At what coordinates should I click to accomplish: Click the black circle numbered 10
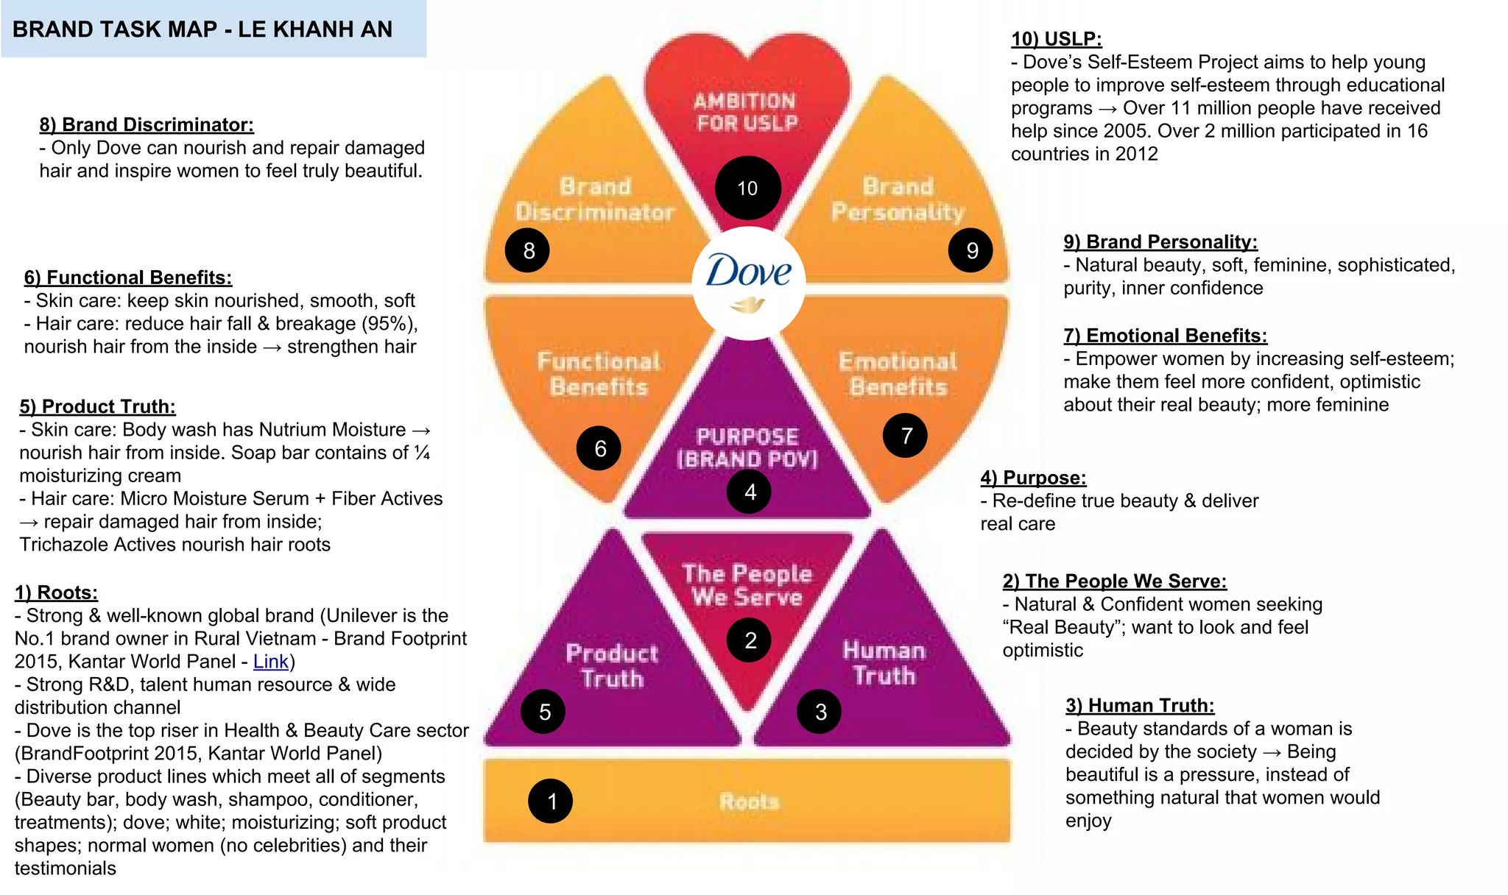click(747, 188)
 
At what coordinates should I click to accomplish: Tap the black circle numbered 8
click(528, 250)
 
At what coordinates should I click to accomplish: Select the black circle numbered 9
click(971, 250)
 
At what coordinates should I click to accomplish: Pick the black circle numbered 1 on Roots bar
click(552, 801)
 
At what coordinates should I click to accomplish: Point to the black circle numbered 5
click(544, 712)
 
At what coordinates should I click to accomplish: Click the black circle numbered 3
click(820, 712)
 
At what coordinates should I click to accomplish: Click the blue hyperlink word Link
click(270, 662)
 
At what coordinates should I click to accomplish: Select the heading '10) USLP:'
click(1056, 39)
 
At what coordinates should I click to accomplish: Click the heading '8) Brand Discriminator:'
click(147, 124)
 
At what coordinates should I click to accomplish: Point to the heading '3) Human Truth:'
click(1140, 705)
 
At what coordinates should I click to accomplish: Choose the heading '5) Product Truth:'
click(97, 406)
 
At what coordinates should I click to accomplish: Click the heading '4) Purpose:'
click(1033, 478)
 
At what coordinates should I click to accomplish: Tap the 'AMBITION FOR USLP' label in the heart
click(747, 112)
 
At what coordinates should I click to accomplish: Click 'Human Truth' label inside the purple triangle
click(884, 662)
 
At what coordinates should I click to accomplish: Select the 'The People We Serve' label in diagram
click(747, 585)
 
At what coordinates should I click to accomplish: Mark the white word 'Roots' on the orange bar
click(749, 802)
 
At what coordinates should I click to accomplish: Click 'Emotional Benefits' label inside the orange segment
click(898, 374)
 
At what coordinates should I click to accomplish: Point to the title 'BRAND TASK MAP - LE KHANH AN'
click(202, 29)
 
